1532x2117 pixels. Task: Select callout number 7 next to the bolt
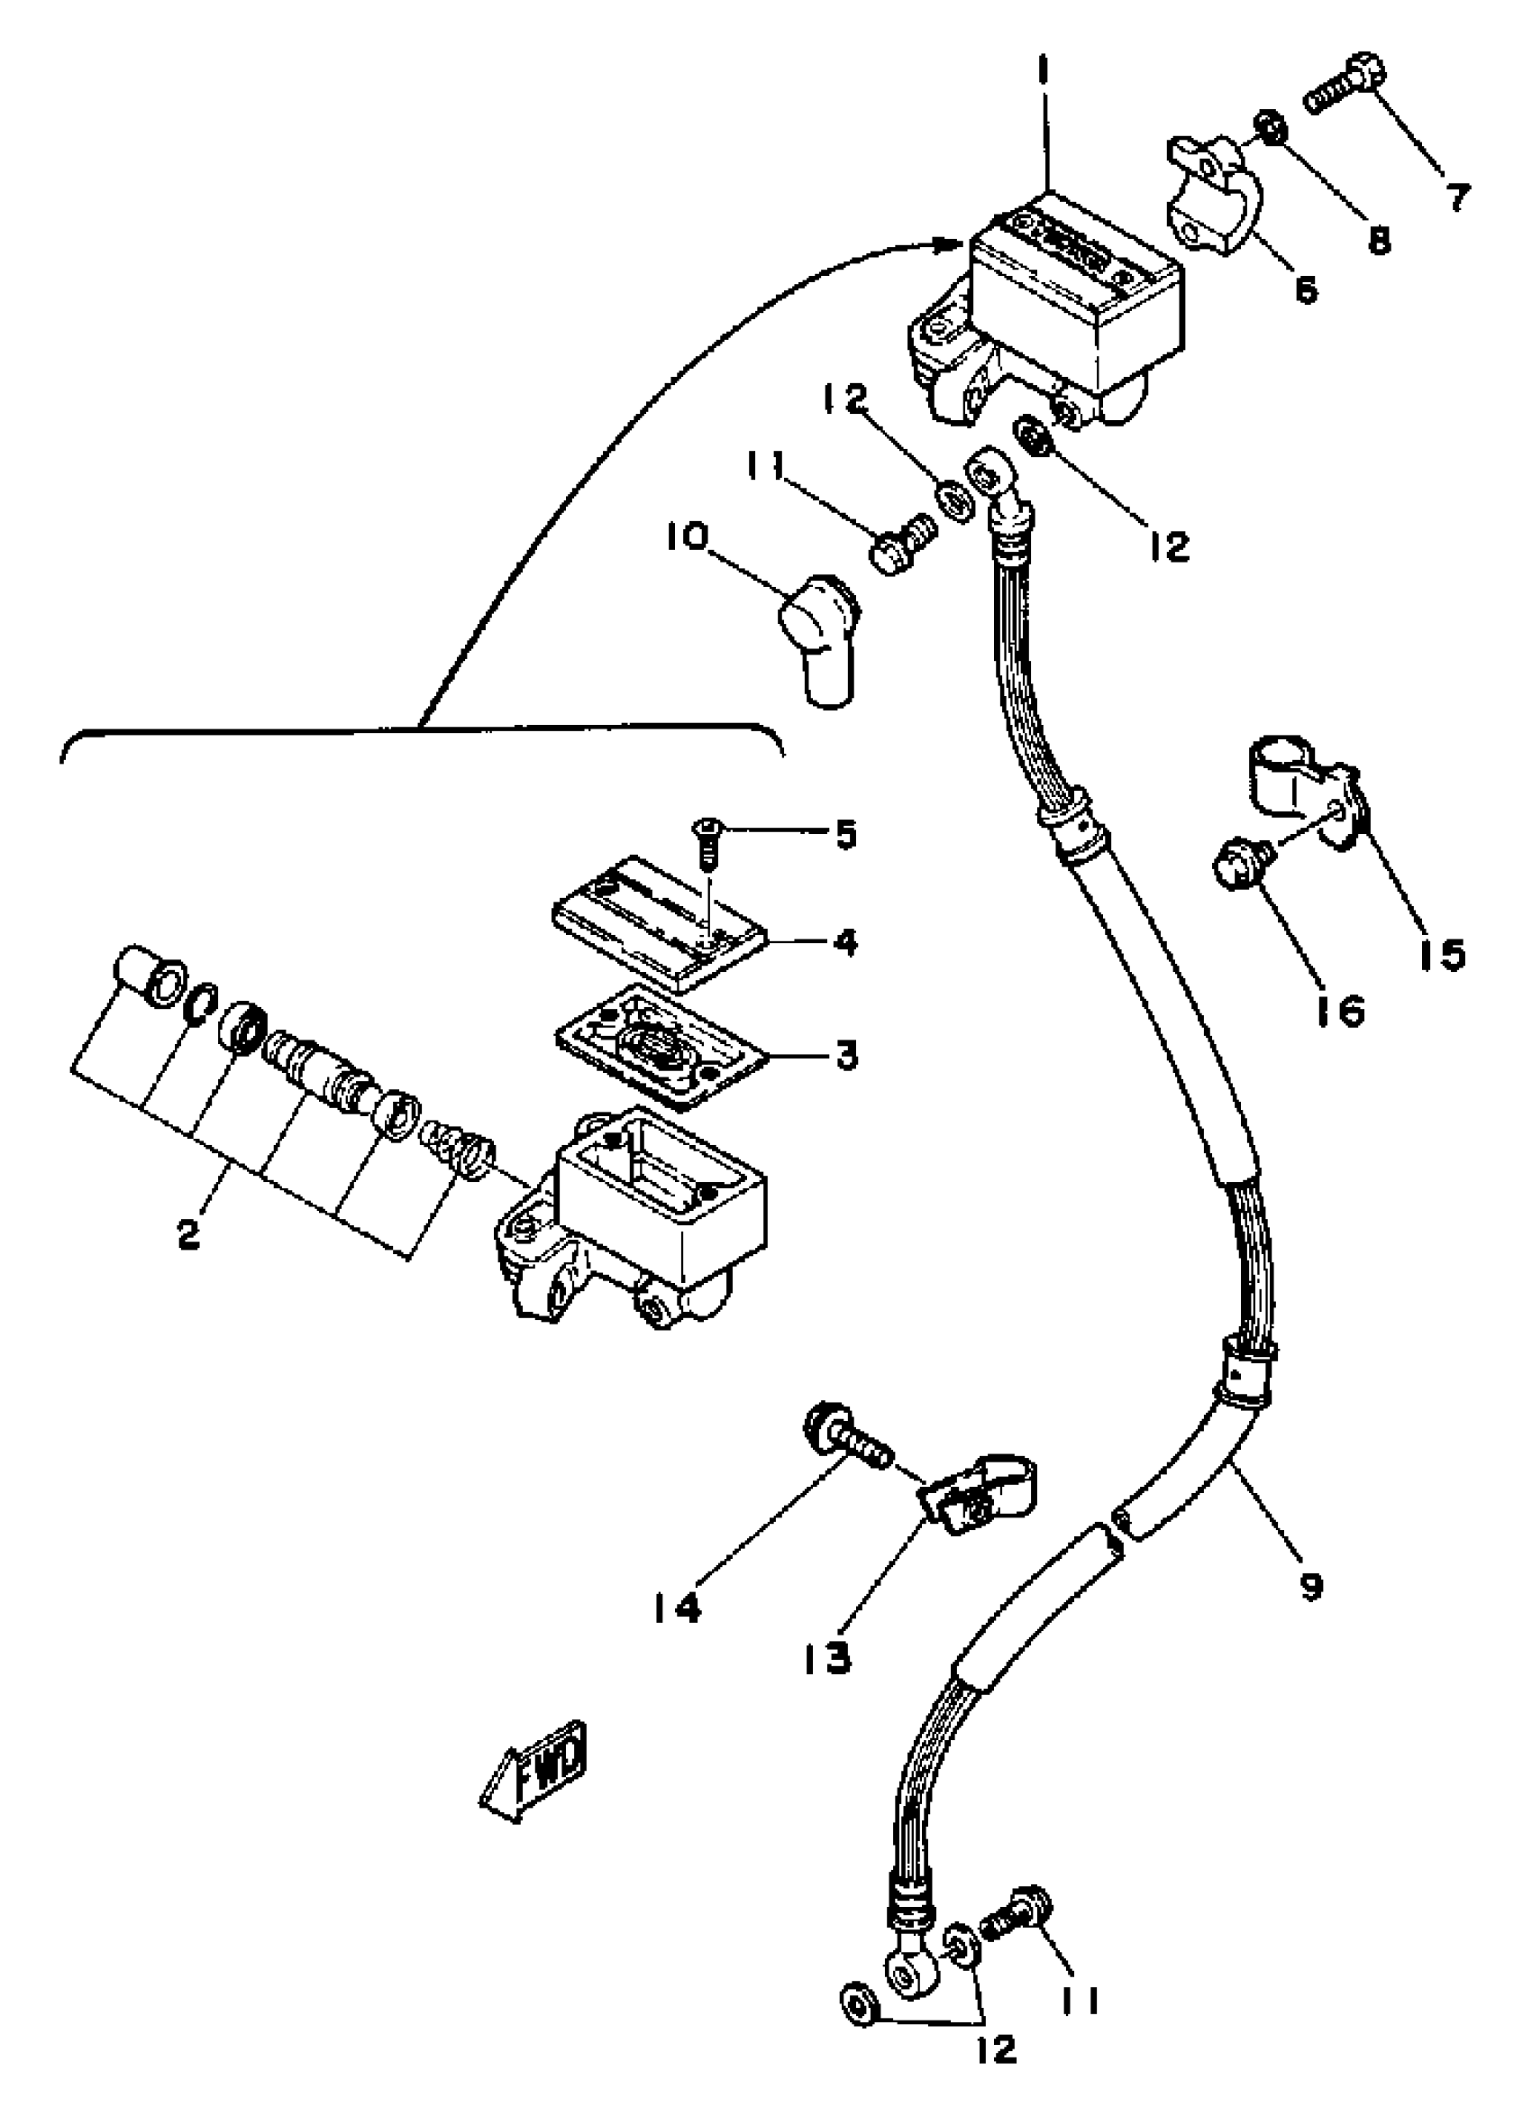(x=1456, y=196)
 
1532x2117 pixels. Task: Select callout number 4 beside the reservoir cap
(x=845, y=943)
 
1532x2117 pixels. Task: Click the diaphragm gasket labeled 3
(x=660, y=1046)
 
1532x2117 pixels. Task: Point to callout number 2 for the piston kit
(x=188, y=1236)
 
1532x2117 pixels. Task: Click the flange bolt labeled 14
(x=844, y=1450)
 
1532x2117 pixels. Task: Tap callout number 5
(x=845, y=833)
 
